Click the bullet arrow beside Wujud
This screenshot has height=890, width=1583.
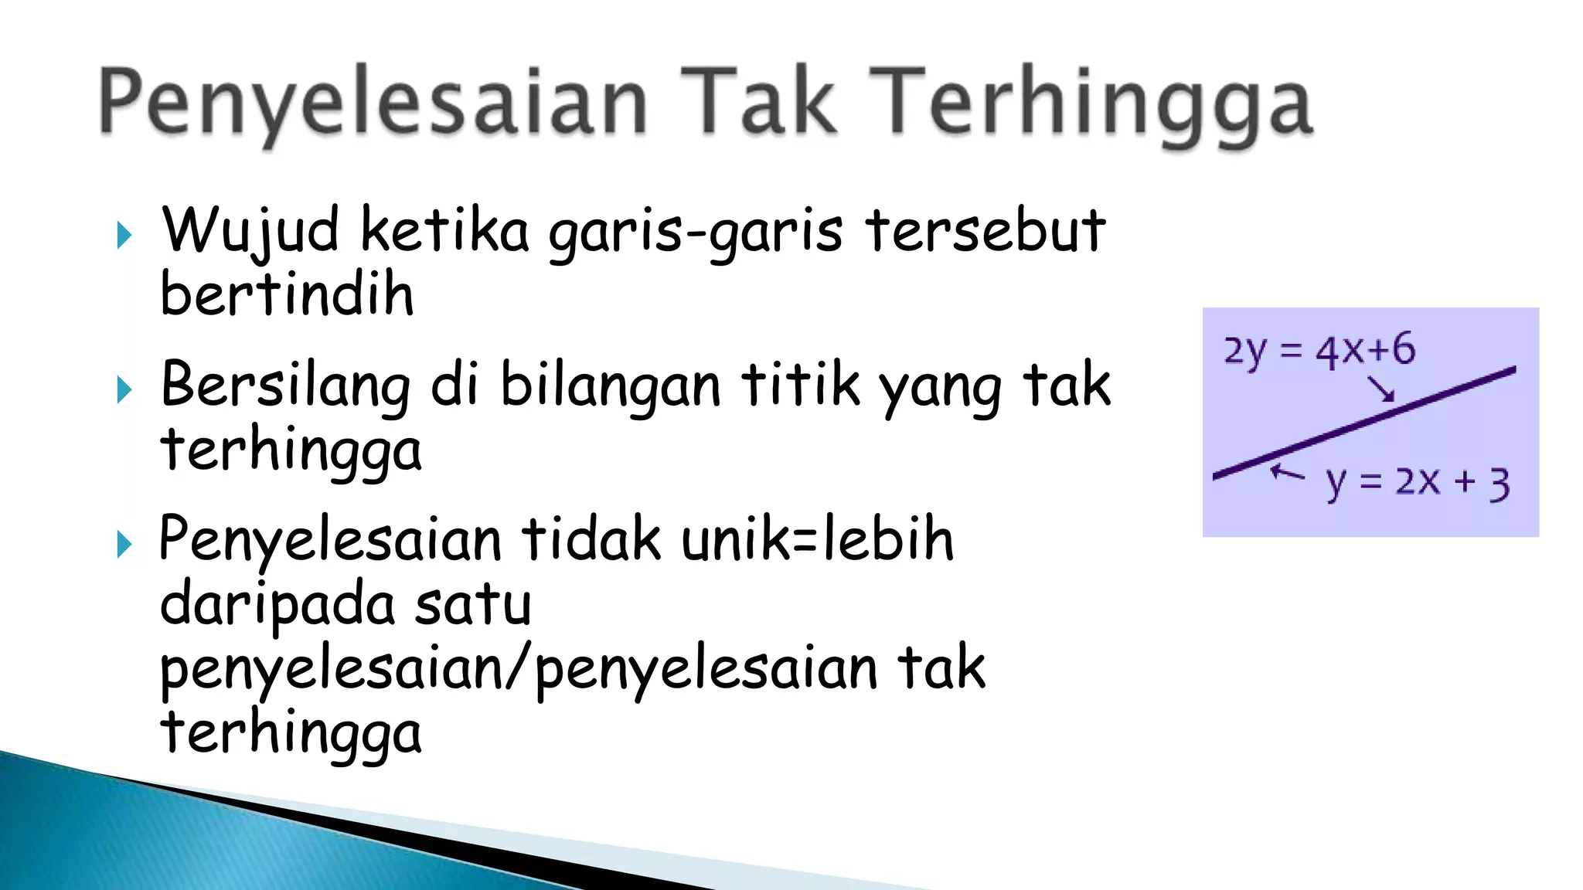pos(124,235)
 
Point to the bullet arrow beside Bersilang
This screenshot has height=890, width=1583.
pos(124,389)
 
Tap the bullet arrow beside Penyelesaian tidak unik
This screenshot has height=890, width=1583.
pos(124,544)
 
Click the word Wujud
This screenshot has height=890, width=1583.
pos(250,230)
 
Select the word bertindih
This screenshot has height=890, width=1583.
pos(287,294)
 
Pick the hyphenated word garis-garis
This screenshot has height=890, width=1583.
pos(695,232)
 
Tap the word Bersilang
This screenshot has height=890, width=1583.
pos(285,385)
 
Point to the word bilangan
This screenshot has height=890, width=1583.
pos(611,385)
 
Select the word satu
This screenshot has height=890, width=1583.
pos(473,605)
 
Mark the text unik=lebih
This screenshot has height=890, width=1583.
pos(817,538)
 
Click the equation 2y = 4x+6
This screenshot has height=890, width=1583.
pos(1319,350)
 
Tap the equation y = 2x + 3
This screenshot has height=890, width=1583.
pos(1418,483)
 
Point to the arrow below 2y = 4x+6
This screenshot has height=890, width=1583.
pos(1380,388)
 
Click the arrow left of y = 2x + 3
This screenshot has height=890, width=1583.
pos(1287,471)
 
